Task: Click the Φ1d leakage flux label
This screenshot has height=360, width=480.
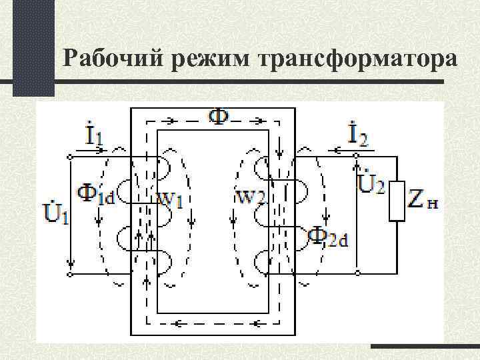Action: (x=96, y=194)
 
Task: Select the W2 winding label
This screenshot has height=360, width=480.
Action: (x=251, y=198)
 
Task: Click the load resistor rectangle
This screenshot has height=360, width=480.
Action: (x=397, y=201)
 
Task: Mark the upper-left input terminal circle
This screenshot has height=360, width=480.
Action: (x=70, y=157)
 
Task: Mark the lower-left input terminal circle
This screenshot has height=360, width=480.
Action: (x=70, y=273)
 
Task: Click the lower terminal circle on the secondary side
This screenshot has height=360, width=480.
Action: (x=358, y=273)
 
